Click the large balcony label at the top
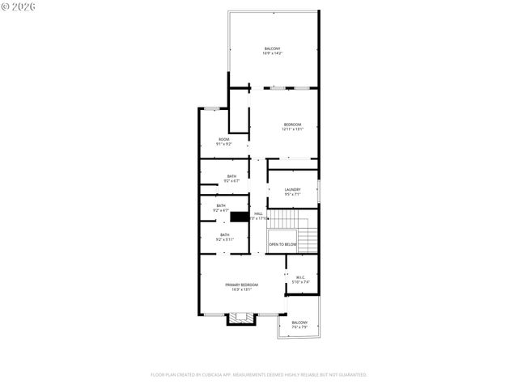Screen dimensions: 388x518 [x=272, y=52]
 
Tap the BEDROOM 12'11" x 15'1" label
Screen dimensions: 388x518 [x=292, y=126]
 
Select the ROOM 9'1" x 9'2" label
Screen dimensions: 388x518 [x=223, y=141]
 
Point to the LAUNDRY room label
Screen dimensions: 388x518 [x=292, y=192]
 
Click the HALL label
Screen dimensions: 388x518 [x=258, y=216]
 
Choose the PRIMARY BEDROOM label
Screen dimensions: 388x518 [x=242, y=286]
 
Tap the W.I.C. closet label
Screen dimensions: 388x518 [x=299, y=280]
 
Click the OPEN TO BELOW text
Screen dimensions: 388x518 [x=282, y=244]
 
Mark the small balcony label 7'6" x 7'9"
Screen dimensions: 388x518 [x=299, y=324]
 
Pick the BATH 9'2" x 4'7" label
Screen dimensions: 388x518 [x=220, y=208]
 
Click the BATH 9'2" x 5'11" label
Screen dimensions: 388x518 [x=224, y=238]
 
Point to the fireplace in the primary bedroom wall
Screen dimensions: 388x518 [x=240, y=318]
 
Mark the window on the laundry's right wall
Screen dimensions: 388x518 [x=319, y=192]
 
